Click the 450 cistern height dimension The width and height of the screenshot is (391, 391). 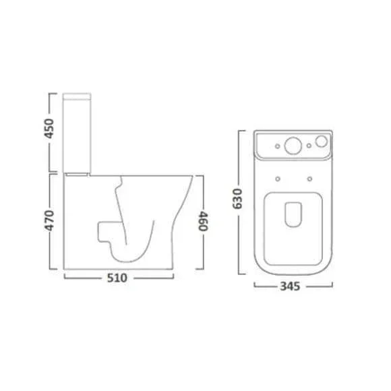49,129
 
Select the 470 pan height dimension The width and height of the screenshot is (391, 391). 49,220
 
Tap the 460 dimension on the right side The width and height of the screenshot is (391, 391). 203,221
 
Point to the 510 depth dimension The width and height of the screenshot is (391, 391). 117,278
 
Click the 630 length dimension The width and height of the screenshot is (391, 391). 237,199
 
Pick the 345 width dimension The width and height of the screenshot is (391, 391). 290,287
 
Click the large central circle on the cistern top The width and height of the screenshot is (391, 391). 293,146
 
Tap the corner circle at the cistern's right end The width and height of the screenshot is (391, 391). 322,142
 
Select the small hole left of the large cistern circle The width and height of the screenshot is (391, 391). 278,146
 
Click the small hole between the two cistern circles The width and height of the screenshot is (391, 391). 309,146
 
